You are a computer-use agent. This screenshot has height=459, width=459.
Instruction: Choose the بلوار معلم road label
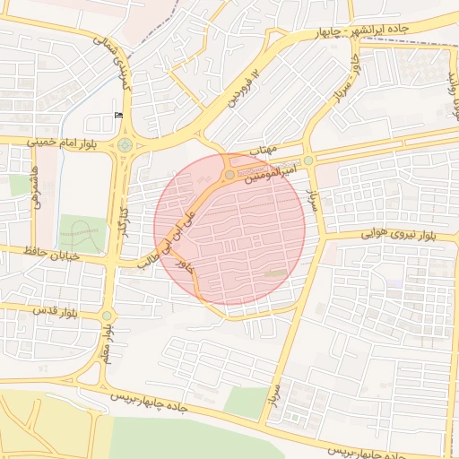tap(106, 345)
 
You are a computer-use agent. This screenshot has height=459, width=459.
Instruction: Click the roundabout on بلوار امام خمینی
tap(124, 145)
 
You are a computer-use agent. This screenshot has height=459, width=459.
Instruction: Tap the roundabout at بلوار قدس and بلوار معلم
tap(108, 316)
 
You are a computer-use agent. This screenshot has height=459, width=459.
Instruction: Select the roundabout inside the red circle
tap(230, 174)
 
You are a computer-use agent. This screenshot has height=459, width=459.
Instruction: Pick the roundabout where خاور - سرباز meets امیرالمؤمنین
tap(308, 160)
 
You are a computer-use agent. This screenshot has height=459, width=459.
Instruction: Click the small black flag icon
tap(119, 115)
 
